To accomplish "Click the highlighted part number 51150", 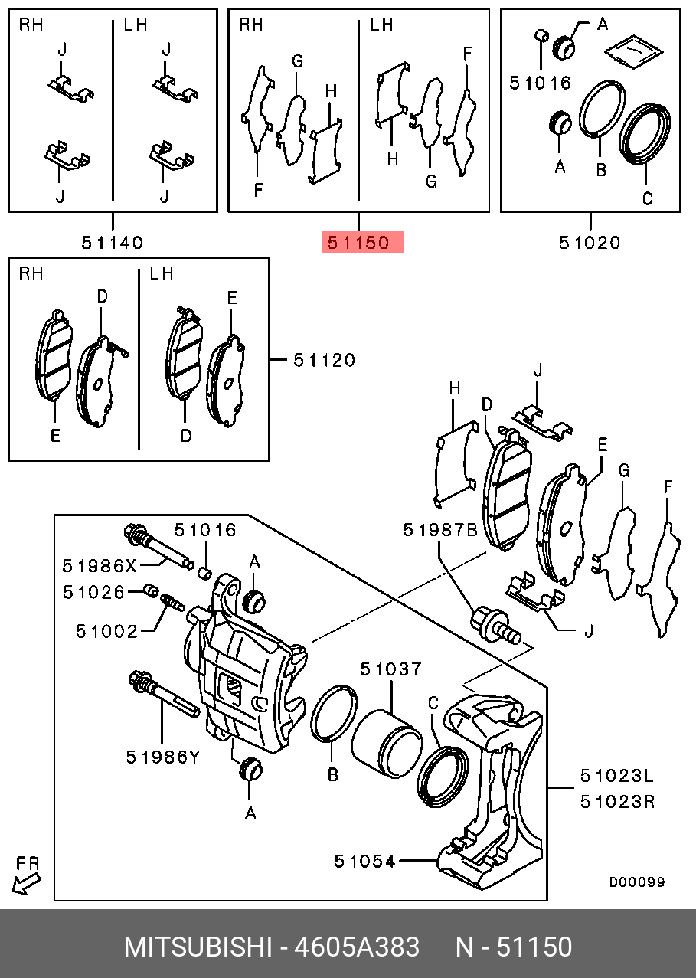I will [x=358, y=243].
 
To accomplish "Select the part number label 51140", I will [x=113, y=243].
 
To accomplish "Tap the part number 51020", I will [x=589, y=243].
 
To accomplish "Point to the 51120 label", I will [x=325, y=359].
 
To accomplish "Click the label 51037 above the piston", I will [x=390, y=669].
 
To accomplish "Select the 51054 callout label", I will [x=364, y=861].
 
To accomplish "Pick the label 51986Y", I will [x=162, y=757].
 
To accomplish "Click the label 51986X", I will [x=100, y=566].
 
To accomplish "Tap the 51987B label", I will [x=441, y=529].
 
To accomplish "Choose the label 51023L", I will [x=616, y=776].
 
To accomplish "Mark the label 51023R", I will [x=616, y=802].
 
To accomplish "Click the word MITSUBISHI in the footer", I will [x=198, y=947].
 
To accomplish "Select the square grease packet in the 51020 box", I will [x=632, y=51].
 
